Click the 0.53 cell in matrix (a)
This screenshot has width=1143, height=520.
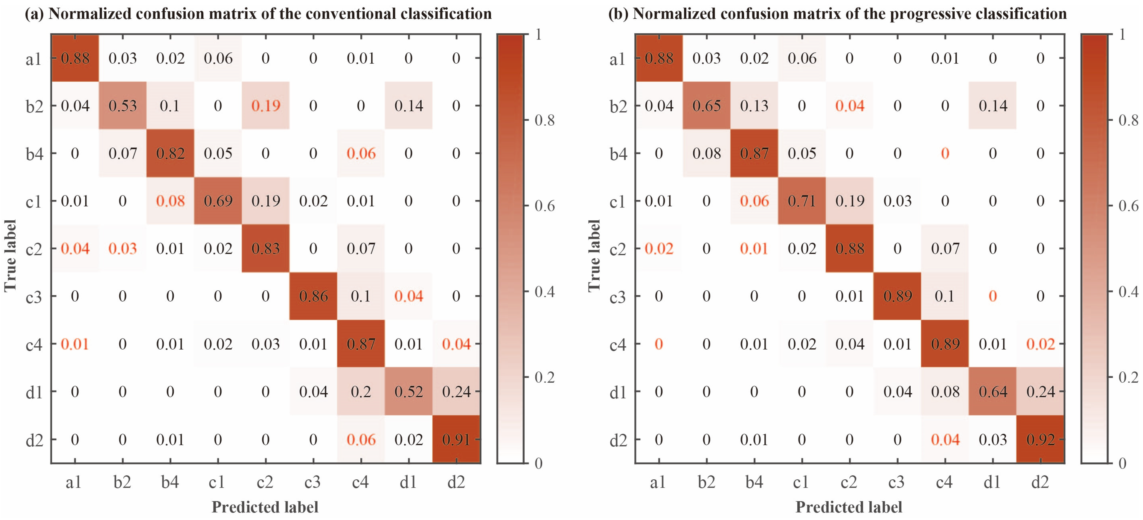[123, 106]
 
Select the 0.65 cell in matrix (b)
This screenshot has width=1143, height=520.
[706, 106]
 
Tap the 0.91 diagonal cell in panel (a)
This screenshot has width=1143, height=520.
[456, 439]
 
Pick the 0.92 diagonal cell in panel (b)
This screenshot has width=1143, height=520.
[1040, 439]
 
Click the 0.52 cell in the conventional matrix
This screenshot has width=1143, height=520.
[408, 391]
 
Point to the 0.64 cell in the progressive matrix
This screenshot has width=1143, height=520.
[993, 391]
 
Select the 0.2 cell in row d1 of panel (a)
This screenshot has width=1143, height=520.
[361, 391]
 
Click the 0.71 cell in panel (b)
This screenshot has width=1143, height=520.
[802, 201]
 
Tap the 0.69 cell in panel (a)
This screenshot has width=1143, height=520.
[218, 201]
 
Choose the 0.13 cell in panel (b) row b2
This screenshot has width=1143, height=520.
[754, 106]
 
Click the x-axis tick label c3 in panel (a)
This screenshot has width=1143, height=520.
[313, 482]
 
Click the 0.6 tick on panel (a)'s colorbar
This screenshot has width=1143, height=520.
[544, 206]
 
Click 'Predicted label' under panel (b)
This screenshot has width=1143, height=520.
[848, 507]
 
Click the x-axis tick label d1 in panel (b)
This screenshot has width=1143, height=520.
[992, 482]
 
